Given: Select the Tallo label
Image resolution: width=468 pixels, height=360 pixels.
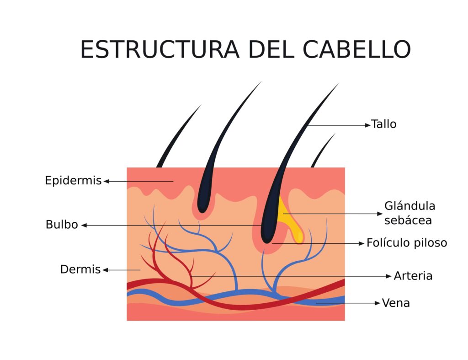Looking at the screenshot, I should pyautogui.click(x=383, y=124).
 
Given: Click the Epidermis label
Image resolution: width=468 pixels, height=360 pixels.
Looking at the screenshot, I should pyautogui.click(x=73, y=181).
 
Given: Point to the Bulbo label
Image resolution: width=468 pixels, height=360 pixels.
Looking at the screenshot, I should pyautogui.click(x=62, y=225).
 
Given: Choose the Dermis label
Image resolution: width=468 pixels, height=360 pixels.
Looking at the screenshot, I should pyautogui.click(x=80, y=270).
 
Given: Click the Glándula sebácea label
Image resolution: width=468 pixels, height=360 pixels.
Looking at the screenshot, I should pyautogui.click(x=409, y=213).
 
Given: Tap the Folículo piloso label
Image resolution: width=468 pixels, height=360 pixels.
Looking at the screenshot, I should pyautogui.click(x=407, y=243).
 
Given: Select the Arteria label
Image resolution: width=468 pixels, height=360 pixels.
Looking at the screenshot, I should pyautogui.click(x=413, y=276).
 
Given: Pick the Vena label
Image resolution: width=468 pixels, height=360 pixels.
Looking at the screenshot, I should pyautogui.click(x=396, y=303).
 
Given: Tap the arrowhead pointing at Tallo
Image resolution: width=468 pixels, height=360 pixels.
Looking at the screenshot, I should pyautogui.click(x=368, y=124).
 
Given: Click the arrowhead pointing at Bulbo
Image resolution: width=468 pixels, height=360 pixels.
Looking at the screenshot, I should pyautogui.click(x=84, y=225).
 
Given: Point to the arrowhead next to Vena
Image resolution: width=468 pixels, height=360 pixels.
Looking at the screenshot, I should pyautogui.click(x=378, y=303).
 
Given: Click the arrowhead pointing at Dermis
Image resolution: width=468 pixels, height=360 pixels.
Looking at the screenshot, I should pyautogui.click(x=105, y=270).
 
